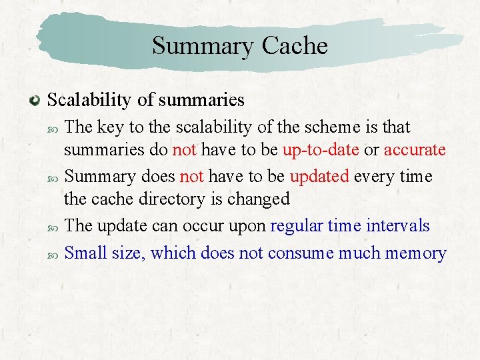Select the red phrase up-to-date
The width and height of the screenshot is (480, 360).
click(x=321, y=149)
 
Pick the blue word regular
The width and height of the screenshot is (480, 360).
click(x=297, y=225)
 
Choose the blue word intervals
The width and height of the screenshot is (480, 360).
click(x=398, y=225)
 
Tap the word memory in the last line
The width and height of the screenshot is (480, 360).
click(x=415, y=253)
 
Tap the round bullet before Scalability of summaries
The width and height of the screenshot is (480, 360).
click(x=35, y=101)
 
